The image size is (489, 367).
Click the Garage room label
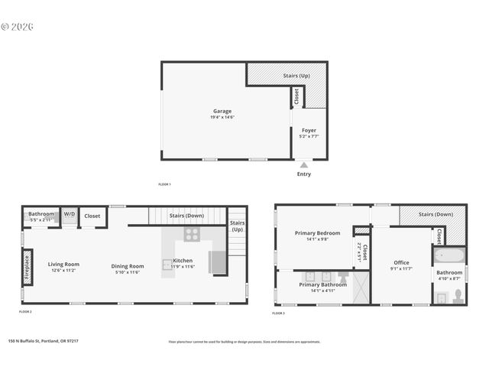coord(222,111)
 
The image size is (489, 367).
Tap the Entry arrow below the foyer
coord(304,165)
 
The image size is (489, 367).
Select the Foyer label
coord(309,131)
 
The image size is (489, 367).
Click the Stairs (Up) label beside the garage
coord(296,76)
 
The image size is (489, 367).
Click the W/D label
coord(69,215)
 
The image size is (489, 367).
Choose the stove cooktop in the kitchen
coord(192,235)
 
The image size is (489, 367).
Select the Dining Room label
coord(128,265)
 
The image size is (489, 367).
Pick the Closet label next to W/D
coord(92,216)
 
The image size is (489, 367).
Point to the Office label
coord(401,262)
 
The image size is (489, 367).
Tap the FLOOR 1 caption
coord(164,184)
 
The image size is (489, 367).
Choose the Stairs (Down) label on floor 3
coord(437,215)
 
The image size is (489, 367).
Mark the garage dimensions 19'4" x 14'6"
coord(222,117)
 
